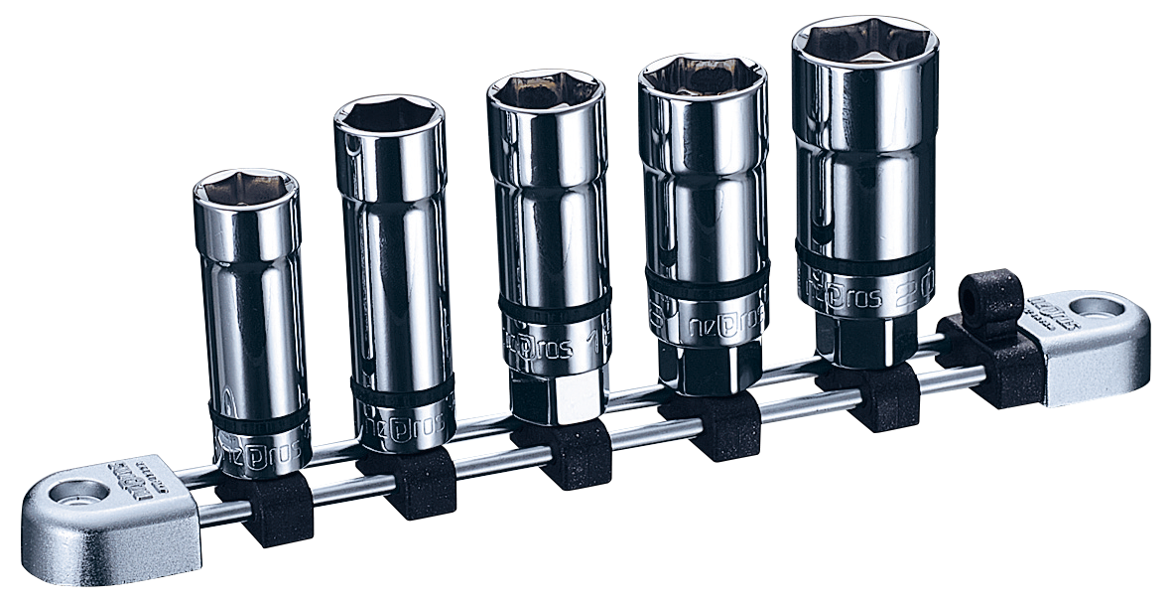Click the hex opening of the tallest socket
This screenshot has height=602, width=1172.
[864, 42]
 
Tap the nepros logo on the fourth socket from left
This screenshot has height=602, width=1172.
[722, 321]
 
